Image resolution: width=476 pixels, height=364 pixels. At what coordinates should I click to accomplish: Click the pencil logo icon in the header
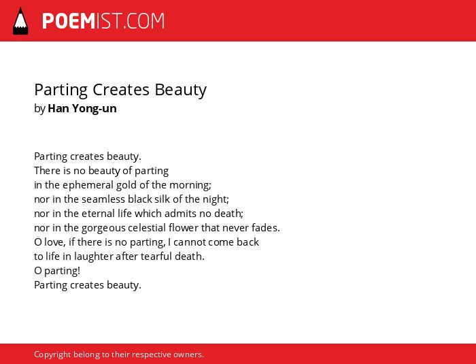[20, 21]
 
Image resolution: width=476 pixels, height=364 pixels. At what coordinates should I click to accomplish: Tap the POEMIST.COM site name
[103, 21]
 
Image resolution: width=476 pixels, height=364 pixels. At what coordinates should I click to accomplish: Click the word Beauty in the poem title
[180, 90]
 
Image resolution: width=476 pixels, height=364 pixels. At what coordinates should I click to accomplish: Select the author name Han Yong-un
[82, 108]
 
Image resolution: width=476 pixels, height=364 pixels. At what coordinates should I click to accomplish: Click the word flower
[184, 228]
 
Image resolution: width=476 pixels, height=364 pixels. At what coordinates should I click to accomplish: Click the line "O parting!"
[57, 271]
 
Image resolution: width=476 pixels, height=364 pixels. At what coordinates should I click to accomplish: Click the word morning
[190, 185]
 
